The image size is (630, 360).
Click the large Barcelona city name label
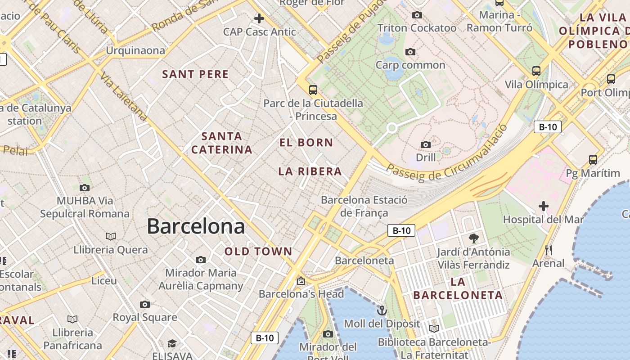click(196, 226)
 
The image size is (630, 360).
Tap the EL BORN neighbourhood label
click(306, 143)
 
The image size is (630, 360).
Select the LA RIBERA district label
click(310, 171)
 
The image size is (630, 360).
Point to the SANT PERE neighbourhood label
click(195, 74)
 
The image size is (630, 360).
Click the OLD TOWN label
click(258, 252)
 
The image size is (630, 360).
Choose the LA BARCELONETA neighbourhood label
click(458, 288)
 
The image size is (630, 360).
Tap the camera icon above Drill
click(425, 144)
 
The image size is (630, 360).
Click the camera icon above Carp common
click(410, 52)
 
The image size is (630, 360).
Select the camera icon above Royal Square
click(144, 305)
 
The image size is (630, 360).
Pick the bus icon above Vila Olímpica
click(536, 71)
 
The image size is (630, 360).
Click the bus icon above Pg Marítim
click(593, 160)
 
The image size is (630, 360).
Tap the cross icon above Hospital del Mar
click(543, 207)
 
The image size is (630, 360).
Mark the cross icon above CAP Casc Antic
click(259, 19)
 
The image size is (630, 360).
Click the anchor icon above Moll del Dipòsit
click(382, 310)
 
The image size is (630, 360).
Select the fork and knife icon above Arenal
click(548, 250)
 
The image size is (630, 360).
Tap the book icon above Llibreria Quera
click(110, 237)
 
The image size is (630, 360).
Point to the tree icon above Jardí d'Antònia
click(473, 238)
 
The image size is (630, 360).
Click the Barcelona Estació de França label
click(364, 206)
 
